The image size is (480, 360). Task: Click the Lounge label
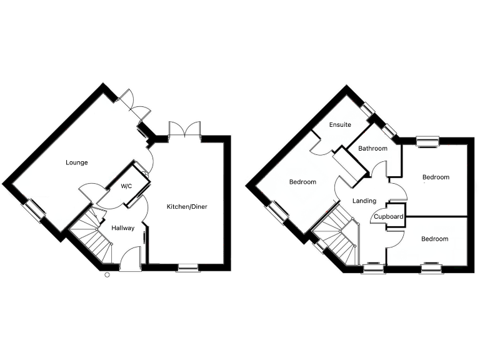(77, 162)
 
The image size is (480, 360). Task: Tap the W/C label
(126, 186)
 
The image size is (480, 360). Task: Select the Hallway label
(122, 227)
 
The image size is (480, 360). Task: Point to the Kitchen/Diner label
(186, 207)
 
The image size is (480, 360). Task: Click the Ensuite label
(341, 124)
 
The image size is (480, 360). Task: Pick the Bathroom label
(372, 149)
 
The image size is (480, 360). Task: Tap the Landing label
(364, 201)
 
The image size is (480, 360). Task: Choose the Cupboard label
(389, 217)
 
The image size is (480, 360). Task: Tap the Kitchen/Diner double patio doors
(184, 130)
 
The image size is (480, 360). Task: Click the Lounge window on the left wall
(35, 209)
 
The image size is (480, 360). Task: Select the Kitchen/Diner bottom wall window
(187, 268)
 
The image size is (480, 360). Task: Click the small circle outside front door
(107, 274)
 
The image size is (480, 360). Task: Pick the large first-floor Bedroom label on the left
(302, 182)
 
